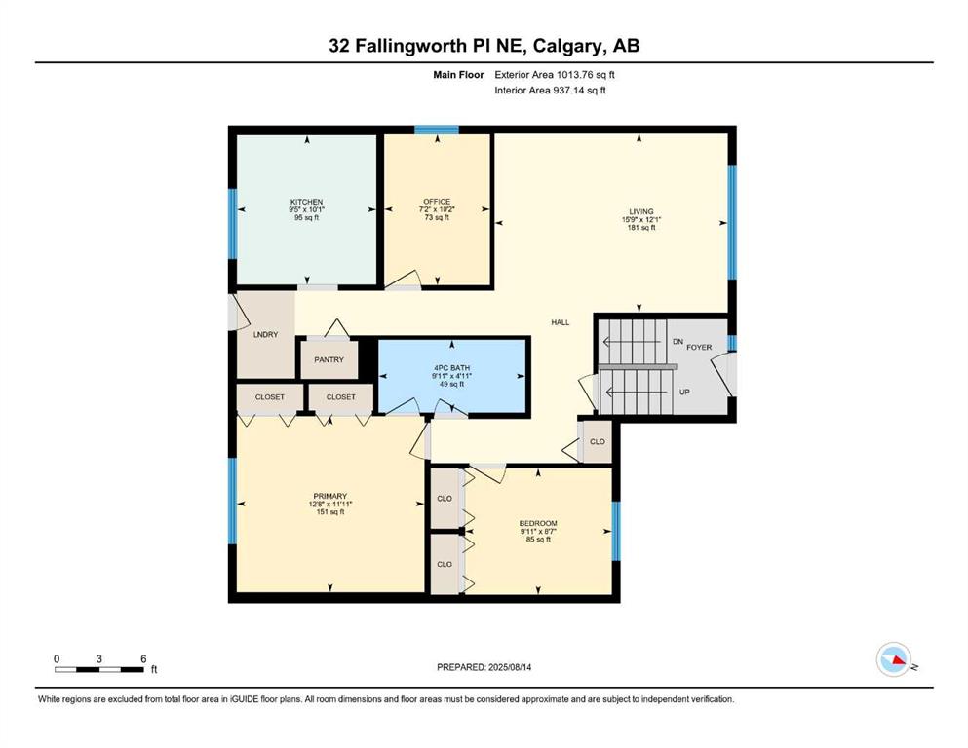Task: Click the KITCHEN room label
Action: coord(307,202)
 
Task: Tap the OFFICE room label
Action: coord(437,201)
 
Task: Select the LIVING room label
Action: coord(641,211)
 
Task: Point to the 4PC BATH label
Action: coord(452,367)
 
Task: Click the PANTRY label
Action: coord(329,359)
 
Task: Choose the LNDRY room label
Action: coord(266,334)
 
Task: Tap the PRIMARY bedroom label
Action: coord(330,496)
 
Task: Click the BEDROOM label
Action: coord(538,524)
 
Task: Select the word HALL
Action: coord(561,321)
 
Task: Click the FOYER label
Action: coord(700,347)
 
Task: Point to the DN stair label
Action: coord(678,342)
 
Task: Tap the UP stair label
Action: coord(684,392)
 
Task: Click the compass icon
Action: coord(894,659)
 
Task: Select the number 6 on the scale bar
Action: coord(143,658)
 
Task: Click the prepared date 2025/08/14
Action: coord(510,667)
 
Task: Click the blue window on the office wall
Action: coord(437,130)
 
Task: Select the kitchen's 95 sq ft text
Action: coord(307,217)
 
